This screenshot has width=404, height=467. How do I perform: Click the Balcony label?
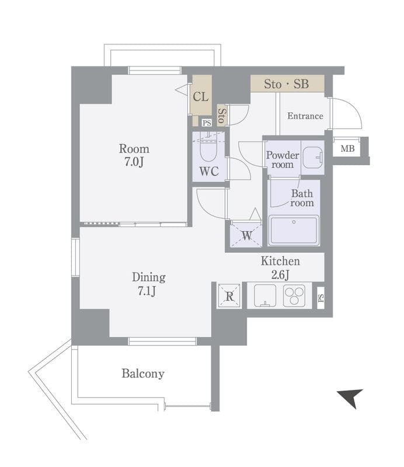(143, 374)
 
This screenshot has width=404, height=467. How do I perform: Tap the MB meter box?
(347, 148)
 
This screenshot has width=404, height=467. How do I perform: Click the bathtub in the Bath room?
(294, 231)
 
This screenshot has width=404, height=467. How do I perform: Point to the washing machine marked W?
(246, 235)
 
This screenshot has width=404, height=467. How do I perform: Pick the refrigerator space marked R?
(229, 296)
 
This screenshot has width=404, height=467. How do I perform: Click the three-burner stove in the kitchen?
(294, 295)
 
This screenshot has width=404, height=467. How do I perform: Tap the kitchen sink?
(265, 295)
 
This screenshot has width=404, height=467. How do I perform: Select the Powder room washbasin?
(312, 156)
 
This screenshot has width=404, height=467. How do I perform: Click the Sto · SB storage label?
(286, 84)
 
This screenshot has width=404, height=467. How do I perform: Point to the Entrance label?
(305, 116)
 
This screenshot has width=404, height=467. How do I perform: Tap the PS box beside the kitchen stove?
(321, 298)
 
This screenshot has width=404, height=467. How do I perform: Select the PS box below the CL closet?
(207, 123)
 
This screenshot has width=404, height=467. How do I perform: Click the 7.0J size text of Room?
(134, 162)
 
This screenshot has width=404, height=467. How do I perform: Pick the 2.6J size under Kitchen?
(280, 274)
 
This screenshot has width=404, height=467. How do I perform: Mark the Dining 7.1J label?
(148, 284)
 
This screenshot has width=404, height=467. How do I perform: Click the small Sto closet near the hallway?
(222, 115)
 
